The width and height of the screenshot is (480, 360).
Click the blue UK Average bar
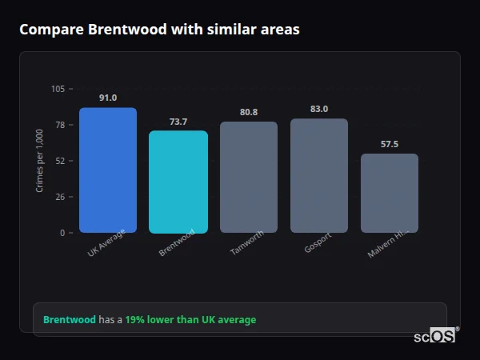coord(108,170)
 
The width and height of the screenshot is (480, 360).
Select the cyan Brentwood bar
coord(178,182)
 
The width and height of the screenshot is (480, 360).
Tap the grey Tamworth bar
coord(249,178)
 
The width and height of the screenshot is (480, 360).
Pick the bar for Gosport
coord(319,176)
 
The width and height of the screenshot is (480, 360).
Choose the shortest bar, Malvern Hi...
coord(390,194)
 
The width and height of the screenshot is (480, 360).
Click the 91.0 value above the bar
coord(108,98)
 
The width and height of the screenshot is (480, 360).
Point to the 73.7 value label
coord(178,122)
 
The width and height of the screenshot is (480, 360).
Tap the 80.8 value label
coord(249,112)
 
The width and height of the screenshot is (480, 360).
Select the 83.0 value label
coord(319,109)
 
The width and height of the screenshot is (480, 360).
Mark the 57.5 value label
coord(390,144)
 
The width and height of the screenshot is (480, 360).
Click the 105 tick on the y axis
coord(58,89)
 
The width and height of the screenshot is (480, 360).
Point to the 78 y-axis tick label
coord(60,125)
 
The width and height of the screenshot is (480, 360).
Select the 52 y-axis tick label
coord(60,161)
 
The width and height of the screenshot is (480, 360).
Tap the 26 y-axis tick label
coord(60,197)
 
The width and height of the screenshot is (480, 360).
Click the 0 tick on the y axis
coord(62,233)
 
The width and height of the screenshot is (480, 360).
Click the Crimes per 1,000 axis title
coord(40,161)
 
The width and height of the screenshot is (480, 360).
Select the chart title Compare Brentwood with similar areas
coord(159,30)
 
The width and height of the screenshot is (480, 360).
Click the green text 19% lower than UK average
coord(190,320)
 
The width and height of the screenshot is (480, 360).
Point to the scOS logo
coord(436,336)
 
